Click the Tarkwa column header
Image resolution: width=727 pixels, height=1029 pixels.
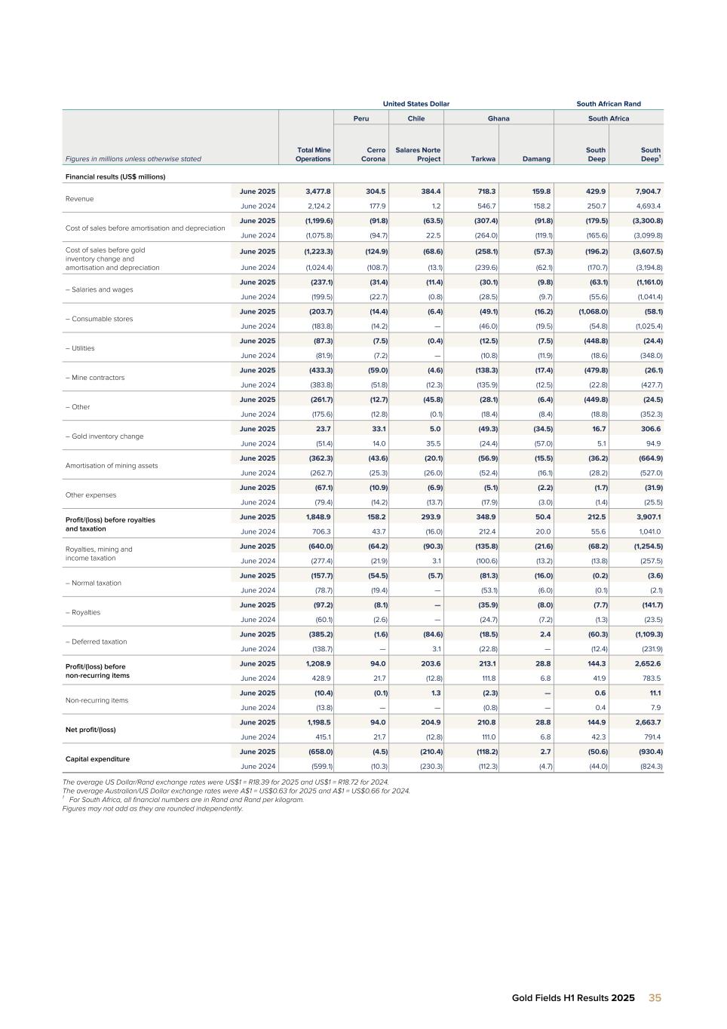click(x=483, y=159)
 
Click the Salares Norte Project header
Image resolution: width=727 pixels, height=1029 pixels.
click(x=418, y=155)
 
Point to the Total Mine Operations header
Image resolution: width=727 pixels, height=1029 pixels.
click(x=313, y=155)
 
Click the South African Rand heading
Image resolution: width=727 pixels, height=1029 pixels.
click(x=608, y=104)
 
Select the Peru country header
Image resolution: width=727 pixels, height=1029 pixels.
click(x=361, y=118)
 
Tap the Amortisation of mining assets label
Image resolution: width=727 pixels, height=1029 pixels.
click(x=111, y=466)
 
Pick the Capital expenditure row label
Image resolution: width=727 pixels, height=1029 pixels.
click(x=97, y=759)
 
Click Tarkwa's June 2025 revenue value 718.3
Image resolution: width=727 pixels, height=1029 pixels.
click(x=485, y=191)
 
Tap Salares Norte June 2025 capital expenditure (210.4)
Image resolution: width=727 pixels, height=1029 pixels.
click(x=428, y=752)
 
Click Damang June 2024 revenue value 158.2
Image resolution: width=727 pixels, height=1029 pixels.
click(x=538, y=206)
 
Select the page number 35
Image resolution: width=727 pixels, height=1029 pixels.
click(x=655, y=997)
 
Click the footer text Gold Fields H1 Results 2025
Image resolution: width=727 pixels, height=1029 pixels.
click(x=573, y=998)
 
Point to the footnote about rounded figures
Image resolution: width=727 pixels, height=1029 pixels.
click(x=152, y=809)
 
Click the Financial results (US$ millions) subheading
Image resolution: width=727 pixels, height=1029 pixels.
click(x=114, y=177)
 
